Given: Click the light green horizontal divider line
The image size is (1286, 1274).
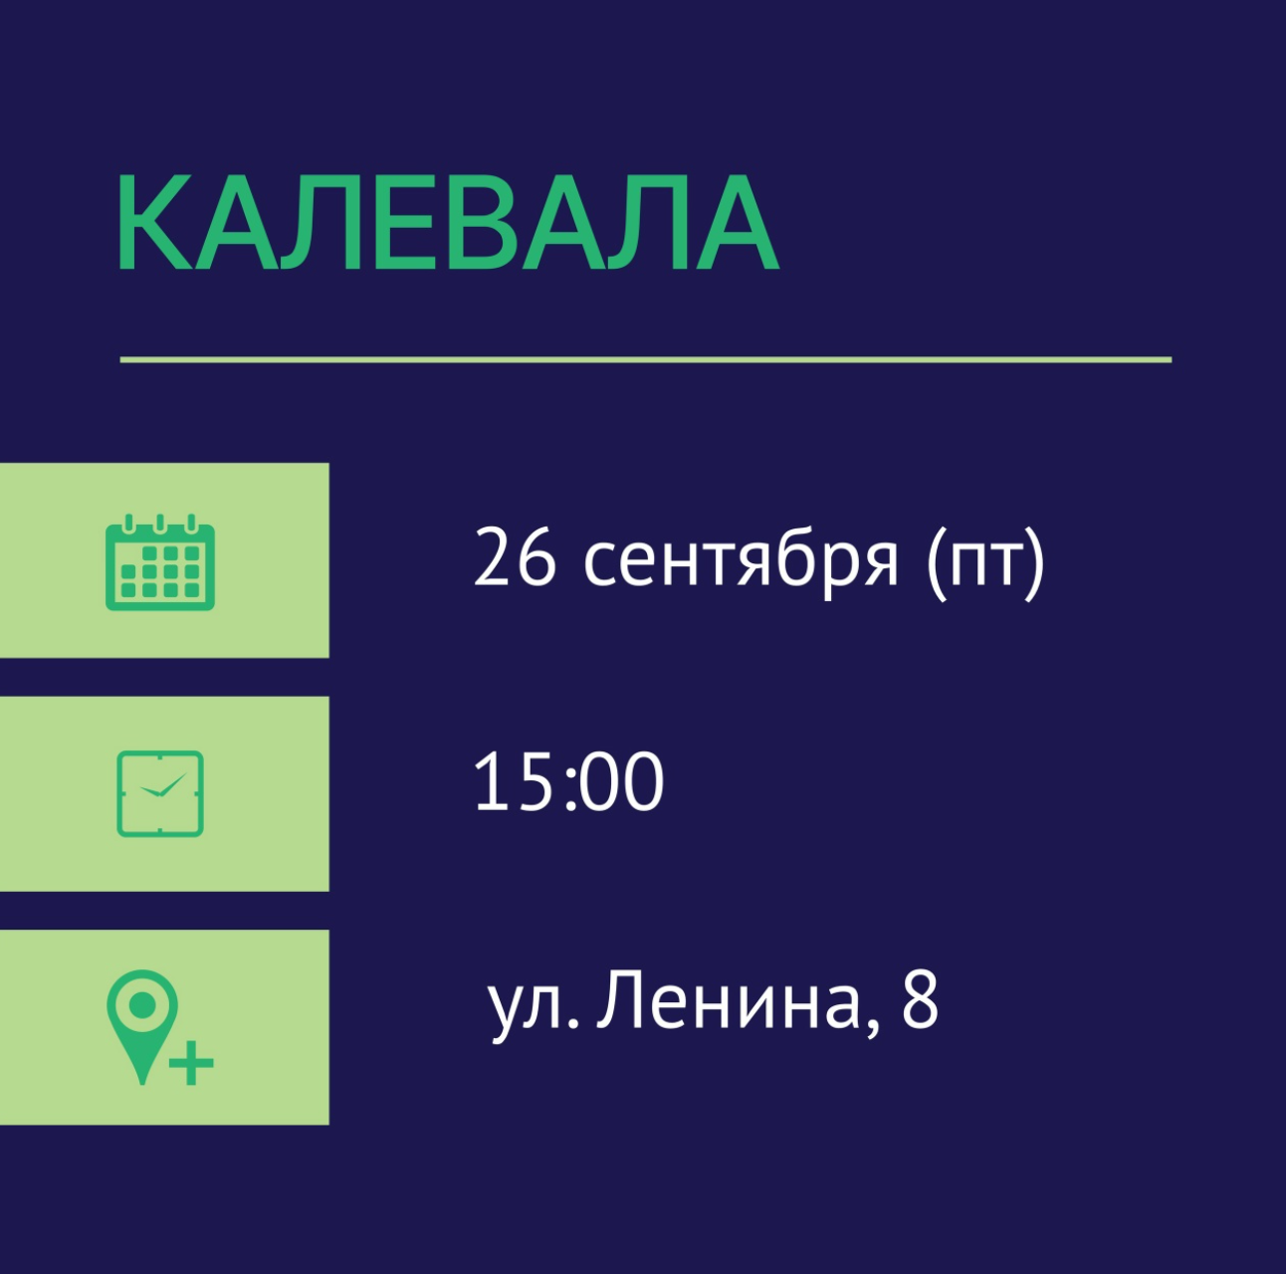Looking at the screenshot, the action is coord(645,359).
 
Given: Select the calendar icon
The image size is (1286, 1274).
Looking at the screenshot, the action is coord(160,562).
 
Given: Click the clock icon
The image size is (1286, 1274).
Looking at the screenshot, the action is coord(160,793).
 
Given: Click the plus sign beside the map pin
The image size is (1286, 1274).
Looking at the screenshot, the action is coord(191,1062).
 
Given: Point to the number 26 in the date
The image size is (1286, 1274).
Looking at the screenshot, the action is coord(515,557).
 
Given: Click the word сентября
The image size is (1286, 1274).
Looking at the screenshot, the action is coord(741,560).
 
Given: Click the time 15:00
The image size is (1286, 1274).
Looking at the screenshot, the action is coord(568,780).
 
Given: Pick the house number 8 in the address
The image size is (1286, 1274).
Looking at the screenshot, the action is coord(921,999).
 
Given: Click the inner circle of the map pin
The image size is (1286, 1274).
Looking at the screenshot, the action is coord(142,1004).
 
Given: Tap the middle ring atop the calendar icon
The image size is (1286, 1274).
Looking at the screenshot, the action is coord(160,524).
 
